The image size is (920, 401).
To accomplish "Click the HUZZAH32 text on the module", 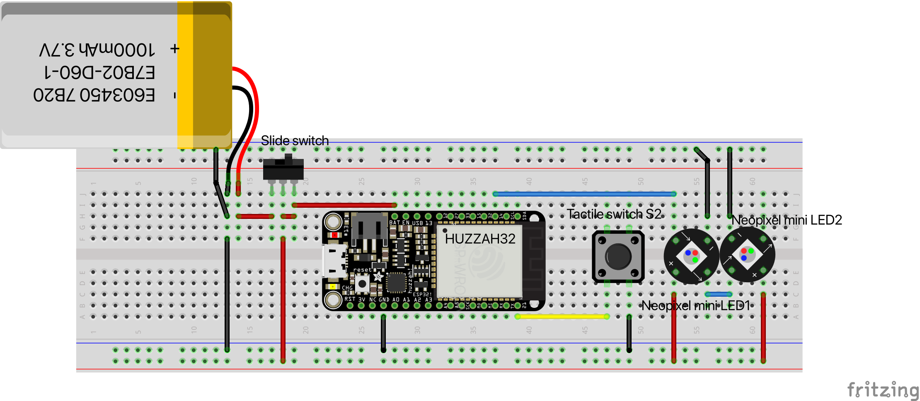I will (480, 239).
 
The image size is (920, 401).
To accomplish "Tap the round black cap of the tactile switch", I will (618, 257).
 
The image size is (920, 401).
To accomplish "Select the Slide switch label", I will (295, 141).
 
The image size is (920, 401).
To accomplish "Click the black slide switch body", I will (283, 169).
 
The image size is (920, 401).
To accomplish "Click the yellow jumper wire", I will (562, 317).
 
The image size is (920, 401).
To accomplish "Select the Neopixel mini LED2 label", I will (787, 220).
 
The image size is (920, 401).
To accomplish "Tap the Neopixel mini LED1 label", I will (696, 306).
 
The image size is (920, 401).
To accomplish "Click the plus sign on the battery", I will (175, 49).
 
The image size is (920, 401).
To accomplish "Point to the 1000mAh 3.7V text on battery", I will (97, 50).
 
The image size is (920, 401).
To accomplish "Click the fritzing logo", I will (883, 390).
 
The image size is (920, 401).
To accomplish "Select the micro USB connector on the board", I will (334, 261).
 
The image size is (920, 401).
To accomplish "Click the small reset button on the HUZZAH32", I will (362, 283).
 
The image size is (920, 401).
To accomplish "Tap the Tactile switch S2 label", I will (614, 214).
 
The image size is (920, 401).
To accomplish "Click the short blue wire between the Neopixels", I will (718, 294).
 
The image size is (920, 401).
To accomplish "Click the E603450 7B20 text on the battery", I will (94, 95).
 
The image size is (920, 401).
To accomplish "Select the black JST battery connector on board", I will (369, 232).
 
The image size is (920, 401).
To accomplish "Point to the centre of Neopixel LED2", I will (747, 255).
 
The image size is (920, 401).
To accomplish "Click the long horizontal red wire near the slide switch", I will (344, 205).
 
